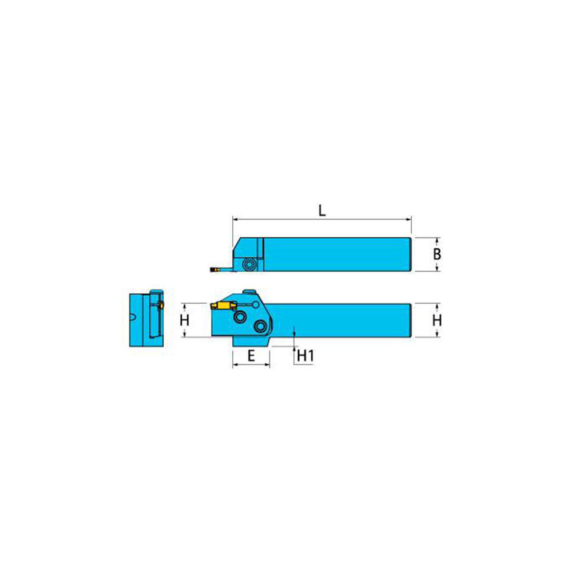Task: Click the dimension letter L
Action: point(322,210)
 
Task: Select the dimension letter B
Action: point(436,253)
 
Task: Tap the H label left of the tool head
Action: point(184,320)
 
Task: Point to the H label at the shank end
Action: point(436,320)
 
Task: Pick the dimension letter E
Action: point(251,356)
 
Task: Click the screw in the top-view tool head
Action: point(249,263)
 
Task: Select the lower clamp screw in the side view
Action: point(261,327)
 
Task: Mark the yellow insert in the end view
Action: point(160,307)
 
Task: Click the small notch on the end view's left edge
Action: point(133,317)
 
